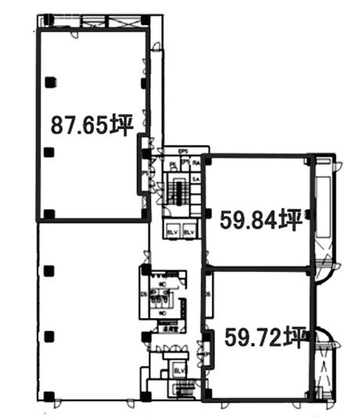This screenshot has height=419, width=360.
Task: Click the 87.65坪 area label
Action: pyautogui.click(x=89, y=124)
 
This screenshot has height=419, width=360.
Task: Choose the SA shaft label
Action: pyautogui.click(x=196, y=179)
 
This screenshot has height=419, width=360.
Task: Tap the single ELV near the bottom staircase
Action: pyautogui.click(x=178, y=370)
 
